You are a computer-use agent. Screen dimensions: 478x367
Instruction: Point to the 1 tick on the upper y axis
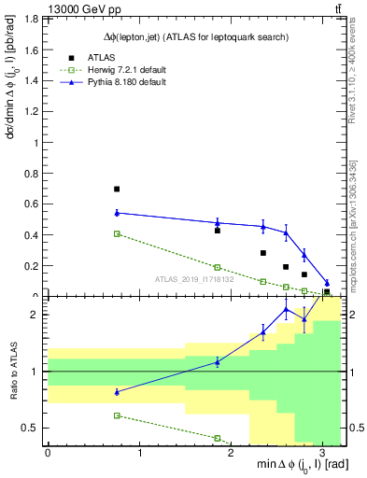[x=36, y=143]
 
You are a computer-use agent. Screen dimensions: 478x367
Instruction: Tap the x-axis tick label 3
[x=322, y=456]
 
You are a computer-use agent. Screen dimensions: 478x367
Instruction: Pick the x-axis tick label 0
[x=48, y=456]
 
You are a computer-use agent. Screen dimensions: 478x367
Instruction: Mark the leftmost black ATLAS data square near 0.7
[x=117, y=189]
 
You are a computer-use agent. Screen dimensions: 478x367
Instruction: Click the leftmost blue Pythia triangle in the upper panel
[x=117, y=213]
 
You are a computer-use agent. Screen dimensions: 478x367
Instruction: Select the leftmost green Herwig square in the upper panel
[x=117, y=233]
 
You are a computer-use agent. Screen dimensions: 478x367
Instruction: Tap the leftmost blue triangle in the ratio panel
[x=117, y=392]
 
